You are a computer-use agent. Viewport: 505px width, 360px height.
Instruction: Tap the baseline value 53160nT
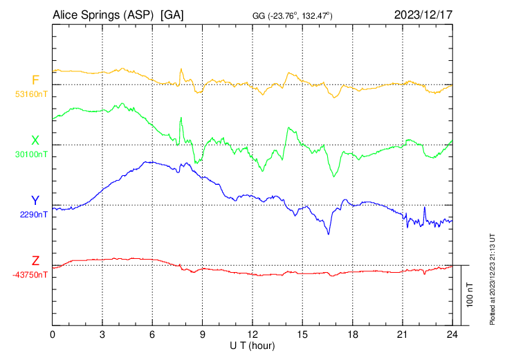click(32, 94)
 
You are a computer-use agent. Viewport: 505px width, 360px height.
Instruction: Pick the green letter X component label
click(35, 141)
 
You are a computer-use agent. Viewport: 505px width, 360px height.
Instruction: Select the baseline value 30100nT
click(32, 154)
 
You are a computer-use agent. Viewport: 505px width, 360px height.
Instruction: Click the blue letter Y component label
click(35, 201)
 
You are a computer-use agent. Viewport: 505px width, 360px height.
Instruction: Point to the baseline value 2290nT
click(34, 215)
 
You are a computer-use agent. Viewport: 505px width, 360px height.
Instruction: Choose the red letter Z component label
click(35, 261)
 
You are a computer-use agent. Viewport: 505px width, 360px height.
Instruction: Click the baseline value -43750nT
click(30, 275)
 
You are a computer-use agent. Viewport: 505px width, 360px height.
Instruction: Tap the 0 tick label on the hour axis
click(53, 334)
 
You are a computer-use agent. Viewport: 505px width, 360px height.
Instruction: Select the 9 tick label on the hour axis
click(203, 334)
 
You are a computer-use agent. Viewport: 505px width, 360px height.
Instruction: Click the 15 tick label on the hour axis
click(302, 334)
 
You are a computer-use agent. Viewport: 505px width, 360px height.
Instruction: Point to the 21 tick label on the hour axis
click(403, 334)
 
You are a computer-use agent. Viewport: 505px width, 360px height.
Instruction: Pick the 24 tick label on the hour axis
click(452, 334)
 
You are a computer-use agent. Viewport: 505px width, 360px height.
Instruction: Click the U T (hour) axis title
click(252, 344)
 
